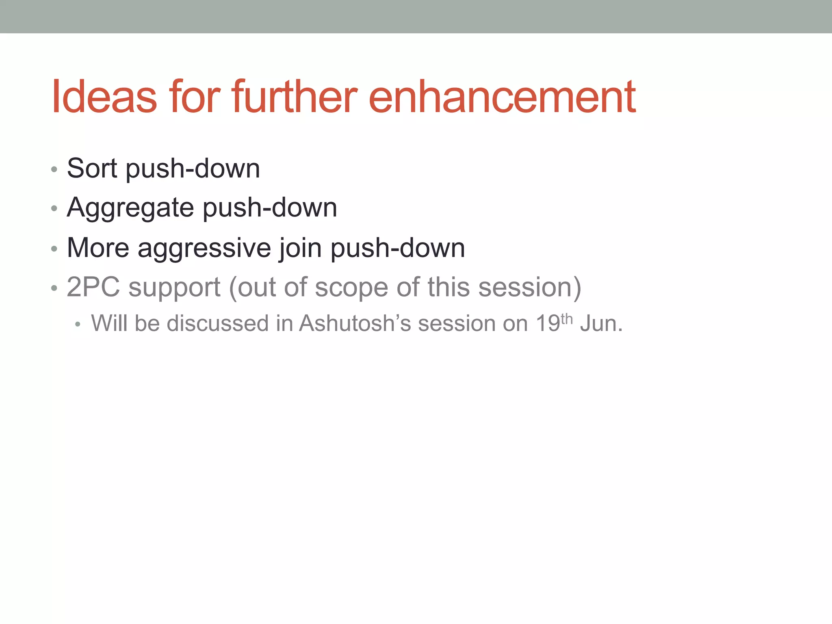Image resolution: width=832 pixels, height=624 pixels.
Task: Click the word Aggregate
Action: tap(130, 208)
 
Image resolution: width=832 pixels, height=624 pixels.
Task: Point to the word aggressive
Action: tap(204, 248)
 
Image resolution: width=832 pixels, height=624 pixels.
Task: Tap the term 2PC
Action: tap(93, 287)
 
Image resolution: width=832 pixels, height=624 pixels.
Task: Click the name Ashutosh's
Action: tap(355, 323)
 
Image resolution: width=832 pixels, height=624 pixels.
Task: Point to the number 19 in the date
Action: tap(548, 323)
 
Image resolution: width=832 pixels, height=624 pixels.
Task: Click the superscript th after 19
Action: tap(567, 319)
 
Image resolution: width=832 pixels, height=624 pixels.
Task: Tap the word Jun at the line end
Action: tap(598, 323)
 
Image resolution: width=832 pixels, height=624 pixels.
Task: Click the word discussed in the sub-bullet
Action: tap(218, 323)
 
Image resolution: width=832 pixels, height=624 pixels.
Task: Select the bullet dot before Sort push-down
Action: tap(54, 169)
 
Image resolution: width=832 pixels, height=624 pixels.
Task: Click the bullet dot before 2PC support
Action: tap(54, 288)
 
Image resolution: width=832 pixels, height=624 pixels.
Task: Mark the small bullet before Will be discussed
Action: tap(78, 325)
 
